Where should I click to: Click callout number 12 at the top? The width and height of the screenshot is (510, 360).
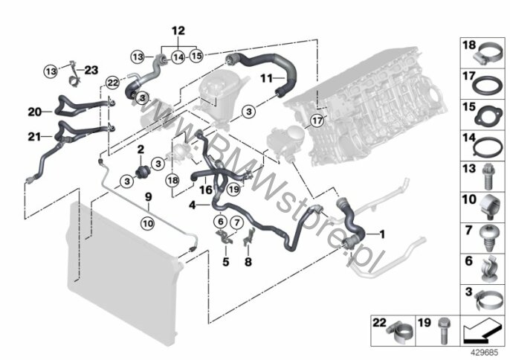click(x=177, y=30)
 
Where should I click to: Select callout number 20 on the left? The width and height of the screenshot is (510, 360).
click(x=34, y=112)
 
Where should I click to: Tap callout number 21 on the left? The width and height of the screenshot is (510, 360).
click(x=34, y=136)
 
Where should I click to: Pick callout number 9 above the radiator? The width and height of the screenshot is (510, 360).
click(x=148, y=197)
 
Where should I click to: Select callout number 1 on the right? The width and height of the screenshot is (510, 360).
click(x=382, y=234)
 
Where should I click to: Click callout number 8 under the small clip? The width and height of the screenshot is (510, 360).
click(x=249, y=261)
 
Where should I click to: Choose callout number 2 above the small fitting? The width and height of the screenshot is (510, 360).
click(x=139, y=150)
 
